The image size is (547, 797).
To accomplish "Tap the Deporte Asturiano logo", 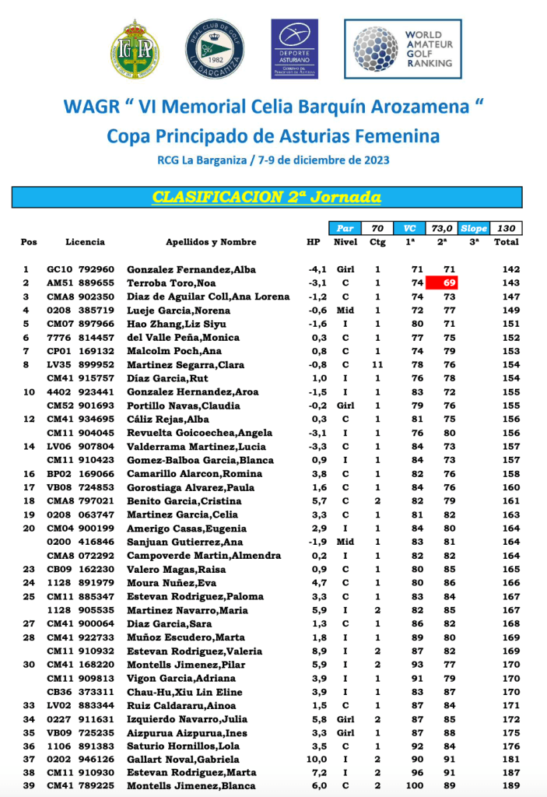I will (x=294, y=48).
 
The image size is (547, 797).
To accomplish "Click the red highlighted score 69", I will (x=449, y=283).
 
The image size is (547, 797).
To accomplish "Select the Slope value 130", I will (x=507, y=228).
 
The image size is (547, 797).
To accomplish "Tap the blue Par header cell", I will (x=345, y=228).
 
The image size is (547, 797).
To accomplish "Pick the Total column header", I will (x=507, y=242).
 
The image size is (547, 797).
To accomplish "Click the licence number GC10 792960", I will (x=80, y=269).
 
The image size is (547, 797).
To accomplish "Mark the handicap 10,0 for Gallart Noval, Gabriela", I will (x=314, y=758).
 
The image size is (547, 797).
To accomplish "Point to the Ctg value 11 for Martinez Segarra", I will (x=378, y=364).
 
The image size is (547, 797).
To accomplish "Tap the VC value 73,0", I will (x=442, y=228).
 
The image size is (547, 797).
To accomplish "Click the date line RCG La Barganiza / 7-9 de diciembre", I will (x=272, y=161).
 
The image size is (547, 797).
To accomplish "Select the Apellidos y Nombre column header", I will (x=211, y=242).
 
